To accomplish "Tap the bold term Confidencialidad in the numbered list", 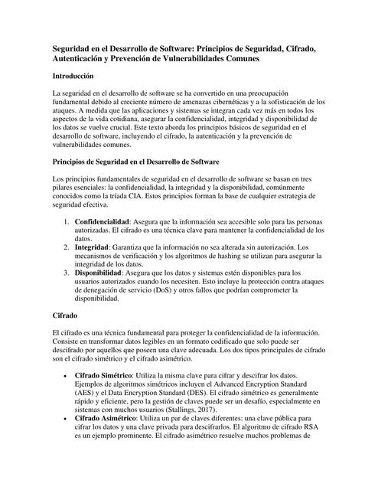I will (104, 220).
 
